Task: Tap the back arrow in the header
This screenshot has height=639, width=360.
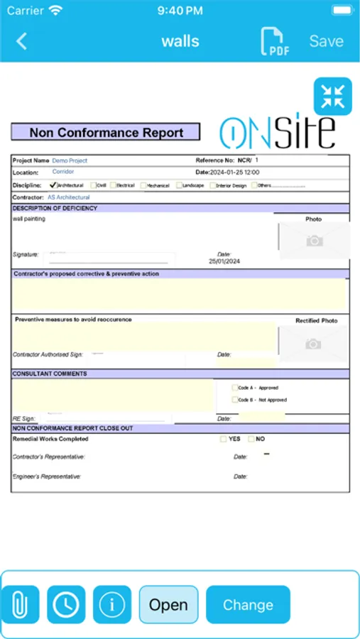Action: point(22,41)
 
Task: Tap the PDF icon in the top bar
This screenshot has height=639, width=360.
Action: point(274,41)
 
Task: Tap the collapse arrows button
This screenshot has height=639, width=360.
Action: point(332,97)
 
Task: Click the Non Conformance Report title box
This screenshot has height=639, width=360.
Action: point(105,133)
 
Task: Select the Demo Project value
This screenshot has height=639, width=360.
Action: point(70,160)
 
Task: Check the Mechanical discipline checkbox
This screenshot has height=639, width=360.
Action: point(143,185)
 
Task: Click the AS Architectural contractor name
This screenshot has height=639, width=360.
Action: point(69,197)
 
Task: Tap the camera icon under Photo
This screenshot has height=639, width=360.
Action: point(314,241)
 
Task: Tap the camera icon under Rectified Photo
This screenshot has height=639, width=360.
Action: point(312,344)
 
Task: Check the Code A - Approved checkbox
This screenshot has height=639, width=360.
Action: point(235,388)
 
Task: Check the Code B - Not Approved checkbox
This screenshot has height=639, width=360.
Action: point(235,400)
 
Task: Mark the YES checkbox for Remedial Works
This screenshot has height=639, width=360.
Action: point(224,439)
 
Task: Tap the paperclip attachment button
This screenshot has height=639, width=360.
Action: point(21,605)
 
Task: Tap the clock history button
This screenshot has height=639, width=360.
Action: point(66,605)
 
